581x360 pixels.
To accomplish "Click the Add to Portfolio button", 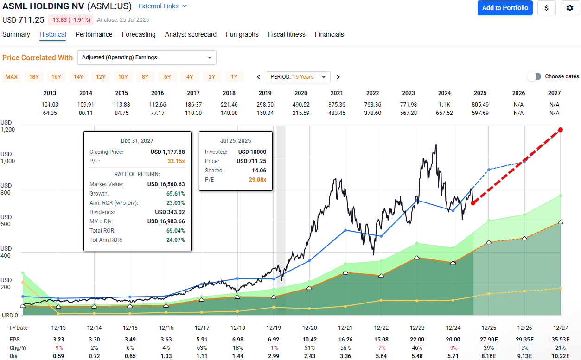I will [x=505, y=8].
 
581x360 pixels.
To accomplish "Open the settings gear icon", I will [x=570, y=8].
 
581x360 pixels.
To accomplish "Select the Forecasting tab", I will [x=139, y=34].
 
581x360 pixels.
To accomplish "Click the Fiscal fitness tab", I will [x=287, y=34].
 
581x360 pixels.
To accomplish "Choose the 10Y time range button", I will [x=123, y=77].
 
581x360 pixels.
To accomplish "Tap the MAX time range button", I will [x=12, y=77].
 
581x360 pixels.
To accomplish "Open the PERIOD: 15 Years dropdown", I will [x=298, y=77].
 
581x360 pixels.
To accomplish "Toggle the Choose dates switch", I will [x=534, y=76].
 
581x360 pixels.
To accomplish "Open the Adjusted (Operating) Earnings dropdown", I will [x=147, y=57].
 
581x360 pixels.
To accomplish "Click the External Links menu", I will [x=163, y=6].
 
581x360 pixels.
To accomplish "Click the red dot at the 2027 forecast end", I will [x=561, y=130].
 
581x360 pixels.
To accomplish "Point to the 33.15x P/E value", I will [x=176, y=162].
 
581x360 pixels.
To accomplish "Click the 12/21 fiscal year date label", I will [x=345, y=328].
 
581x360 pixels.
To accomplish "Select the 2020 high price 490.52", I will [x=301, y=105].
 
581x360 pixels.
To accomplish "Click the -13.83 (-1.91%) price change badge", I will [x=71, y=20].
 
